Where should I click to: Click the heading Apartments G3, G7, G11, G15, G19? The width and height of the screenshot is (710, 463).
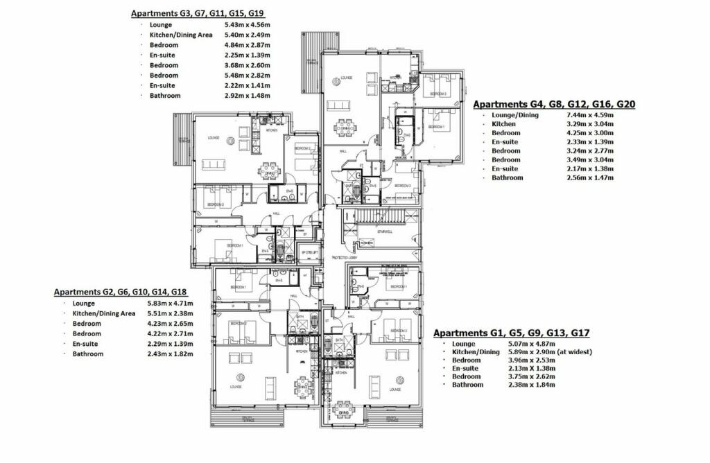tap(198, 12)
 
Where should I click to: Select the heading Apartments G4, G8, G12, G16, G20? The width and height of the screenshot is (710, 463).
tap(554, 104)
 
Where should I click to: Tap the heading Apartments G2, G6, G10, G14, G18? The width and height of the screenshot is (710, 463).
tap(121, 292)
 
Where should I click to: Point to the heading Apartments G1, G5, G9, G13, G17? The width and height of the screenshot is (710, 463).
tap(512, 333)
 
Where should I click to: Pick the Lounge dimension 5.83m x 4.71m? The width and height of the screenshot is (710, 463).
tap(170, 304)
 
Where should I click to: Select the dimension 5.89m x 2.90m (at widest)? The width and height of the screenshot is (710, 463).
tap(552, 352)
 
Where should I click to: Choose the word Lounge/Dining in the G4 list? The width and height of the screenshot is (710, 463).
tap(514, 115)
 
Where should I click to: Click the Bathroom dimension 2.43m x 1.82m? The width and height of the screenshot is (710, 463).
tap(170, 354)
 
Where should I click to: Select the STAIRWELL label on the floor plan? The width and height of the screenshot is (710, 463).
tap(375, 232)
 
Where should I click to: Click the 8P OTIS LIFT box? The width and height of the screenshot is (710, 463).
tap(309, 254)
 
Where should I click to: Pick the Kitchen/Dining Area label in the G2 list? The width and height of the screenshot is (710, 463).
tap(103, 313)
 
